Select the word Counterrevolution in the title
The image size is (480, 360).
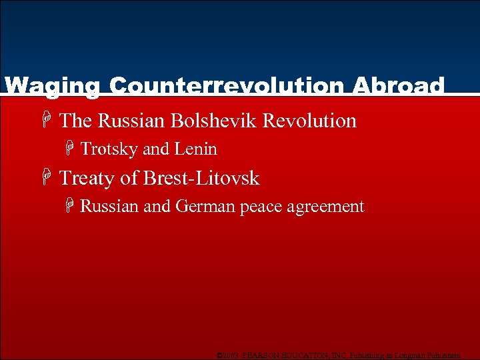pos(227,87)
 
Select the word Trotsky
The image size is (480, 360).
pos(109,149)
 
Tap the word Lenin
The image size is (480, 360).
pos(196,149)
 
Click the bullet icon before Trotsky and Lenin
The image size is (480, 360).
pos(69,149)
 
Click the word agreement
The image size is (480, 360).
pos(326,207)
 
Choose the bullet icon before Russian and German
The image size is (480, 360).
pos(69,207)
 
